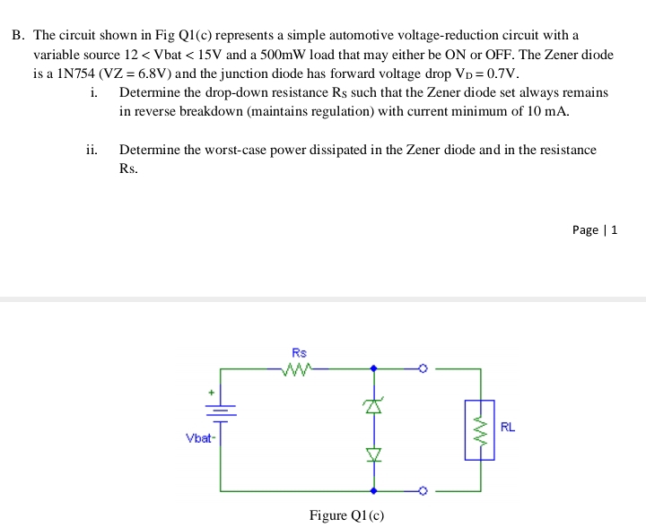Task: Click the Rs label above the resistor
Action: point(299,352)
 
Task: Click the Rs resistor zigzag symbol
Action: point(297,367)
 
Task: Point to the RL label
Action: point(507,427)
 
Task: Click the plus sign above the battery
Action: point(212,392)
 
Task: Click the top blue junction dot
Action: point(374,367)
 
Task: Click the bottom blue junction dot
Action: point(374,491)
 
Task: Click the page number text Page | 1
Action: point(594,229)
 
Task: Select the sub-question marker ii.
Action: point(92,150)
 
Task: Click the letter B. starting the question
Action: point(19,36)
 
